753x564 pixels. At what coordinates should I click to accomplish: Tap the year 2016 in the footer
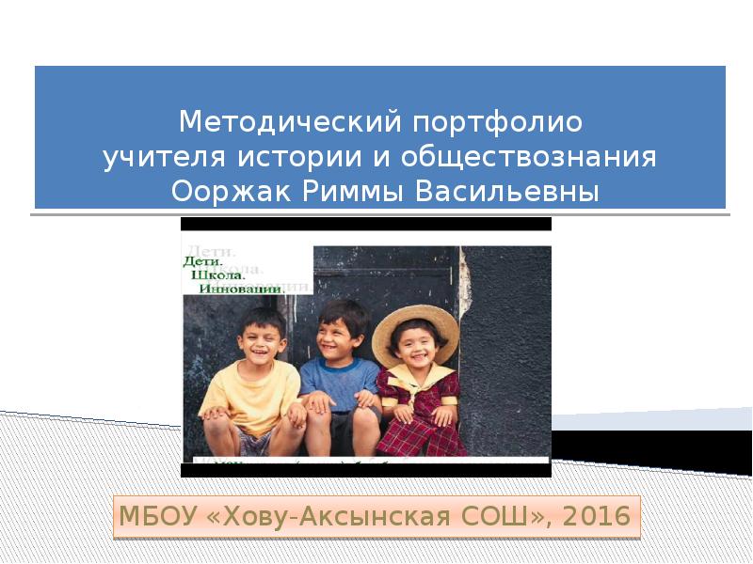pos(601,516)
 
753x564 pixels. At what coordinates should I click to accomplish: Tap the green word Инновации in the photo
pos(241,290)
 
